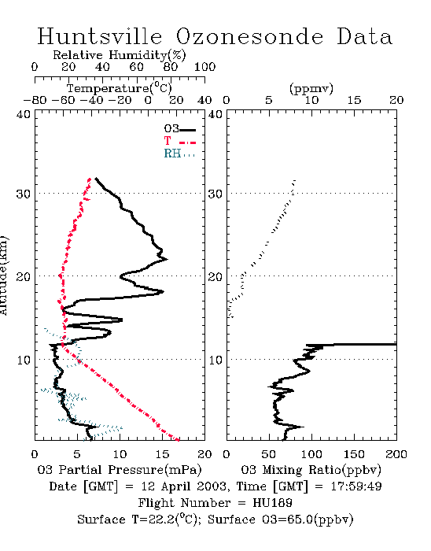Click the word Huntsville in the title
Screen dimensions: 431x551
coord(100,36)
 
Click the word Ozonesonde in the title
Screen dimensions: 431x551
coord(249,36)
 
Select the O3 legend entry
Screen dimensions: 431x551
coord(179,129)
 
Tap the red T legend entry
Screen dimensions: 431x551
coord(179,141)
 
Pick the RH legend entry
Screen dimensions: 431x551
coord(179,153)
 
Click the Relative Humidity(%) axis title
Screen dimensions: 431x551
coord(120,55)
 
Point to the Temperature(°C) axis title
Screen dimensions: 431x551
coord(120,88)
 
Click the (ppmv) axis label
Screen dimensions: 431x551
coord(311,88)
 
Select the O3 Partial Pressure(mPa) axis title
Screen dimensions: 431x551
coord(120,469)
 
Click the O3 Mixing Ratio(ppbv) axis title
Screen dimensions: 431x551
coord(311,469)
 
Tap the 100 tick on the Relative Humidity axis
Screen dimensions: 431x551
coord(204,67)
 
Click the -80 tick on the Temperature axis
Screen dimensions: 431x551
coord(35,100)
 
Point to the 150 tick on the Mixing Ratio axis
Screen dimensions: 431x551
coord(354,454)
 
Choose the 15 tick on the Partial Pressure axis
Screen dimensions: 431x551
coord(162,454)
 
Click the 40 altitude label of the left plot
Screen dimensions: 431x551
coord(24,115)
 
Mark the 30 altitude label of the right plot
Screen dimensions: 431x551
coord(215,194)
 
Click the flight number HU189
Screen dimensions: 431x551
coord(272,503)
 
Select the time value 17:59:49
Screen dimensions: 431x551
coord(356,486)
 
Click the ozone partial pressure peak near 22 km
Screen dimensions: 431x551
coord(167,259)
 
